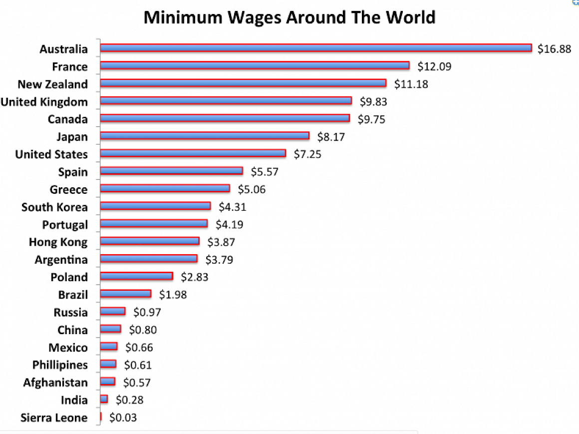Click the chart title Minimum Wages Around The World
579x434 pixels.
(289, 17)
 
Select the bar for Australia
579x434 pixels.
(316, 47)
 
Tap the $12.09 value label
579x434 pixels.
(434, 66)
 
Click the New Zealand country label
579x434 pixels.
(53, 84)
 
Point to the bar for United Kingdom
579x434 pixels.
(226, 100)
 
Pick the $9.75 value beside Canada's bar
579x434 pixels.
(371, 119)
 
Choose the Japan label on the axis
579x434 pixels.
(72, 137)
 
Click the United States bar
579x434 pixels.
(193, 153)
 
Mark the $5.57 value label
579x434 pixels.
(265, 172)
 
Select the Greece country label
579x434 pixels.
(69, 189)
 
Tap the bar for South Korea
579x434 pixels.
(155, 206)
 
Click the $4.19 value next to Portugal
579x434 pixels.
(229, 225)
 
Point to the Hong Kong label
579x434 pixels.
(58, 242)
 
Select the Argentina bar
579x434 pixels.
(148, 259)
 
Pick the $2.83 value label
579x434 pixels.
(195, 277)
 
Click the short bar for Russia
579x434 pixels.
(113, 311)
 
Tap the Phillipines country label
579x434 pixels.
(60, 365)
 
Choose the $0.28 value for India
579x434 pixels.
(130, 400)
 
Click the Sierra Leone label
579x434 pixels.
(54, 418)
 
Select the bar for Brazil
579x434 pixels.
(126, 294)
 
